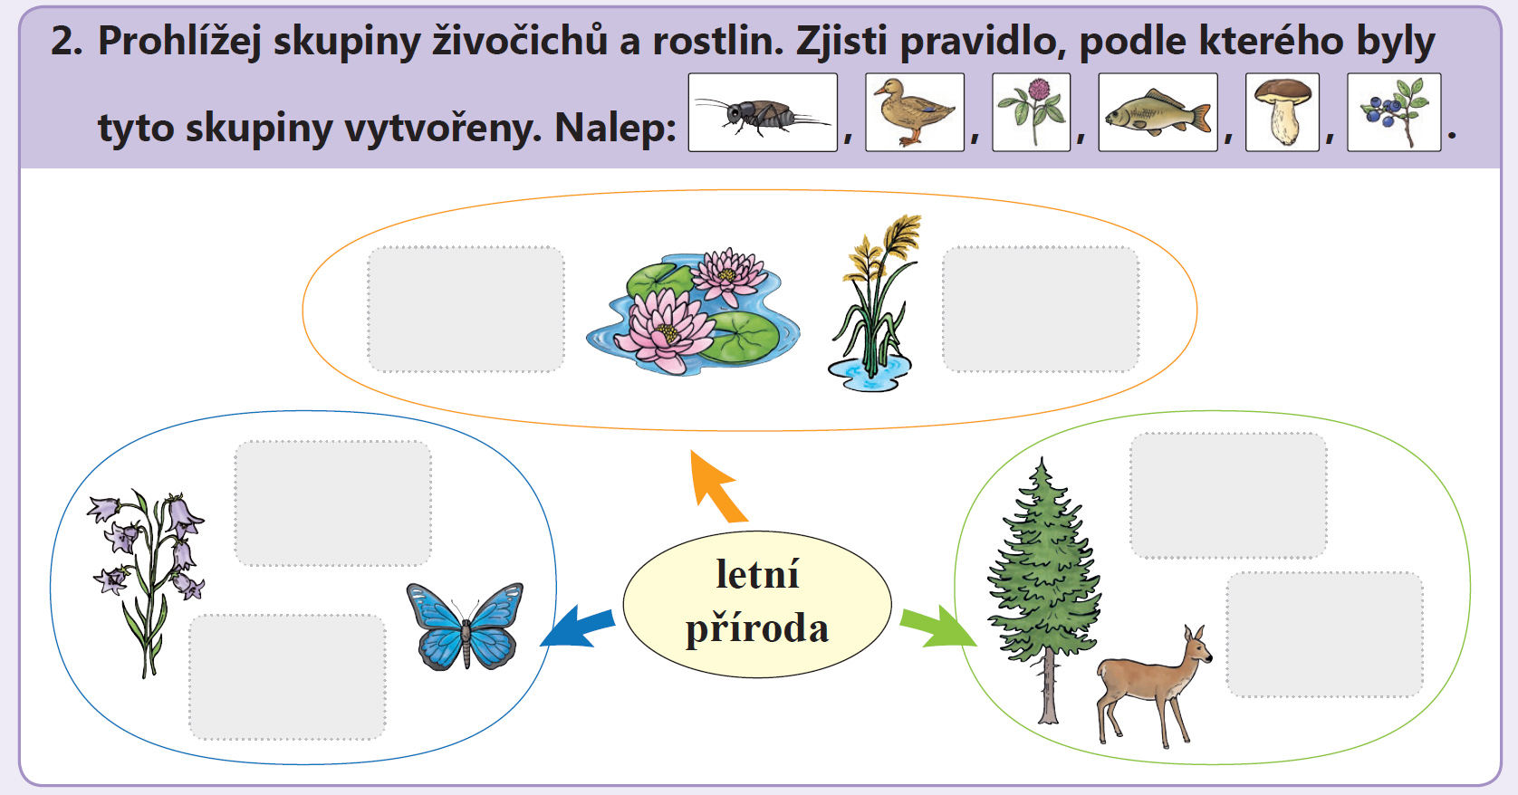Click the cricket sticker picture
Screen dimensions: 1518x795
tap(763, 112)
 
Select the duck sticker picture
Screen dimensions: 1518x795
tap(914, 112)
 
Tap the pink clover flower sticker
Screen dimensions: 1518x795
tap(1031, 112)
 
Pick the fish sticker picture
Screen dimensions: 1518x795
tap(1158, 112)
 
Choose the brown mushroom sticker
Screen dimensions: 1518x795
tap(1283, 112)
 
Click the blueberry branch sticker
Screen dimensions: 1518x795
tap(1394, 112)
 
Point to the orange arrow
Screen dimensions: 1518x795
tap(717, 486)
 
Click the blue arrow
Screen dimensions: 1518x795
tap(578, 627)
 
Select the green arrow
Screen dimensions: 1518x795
tap(938, 627)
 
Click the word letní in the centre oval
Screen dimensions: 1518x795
tap(758, 574)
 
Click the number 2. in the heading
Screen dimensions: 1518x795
tap(67, 41)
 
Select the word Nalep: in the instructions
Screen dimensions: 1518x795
tap(615, 128)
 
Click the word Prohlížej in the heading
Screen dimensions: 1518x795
tap(179, 42)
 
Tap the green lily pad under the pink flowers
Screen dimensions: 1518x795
tap(739, 337)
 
